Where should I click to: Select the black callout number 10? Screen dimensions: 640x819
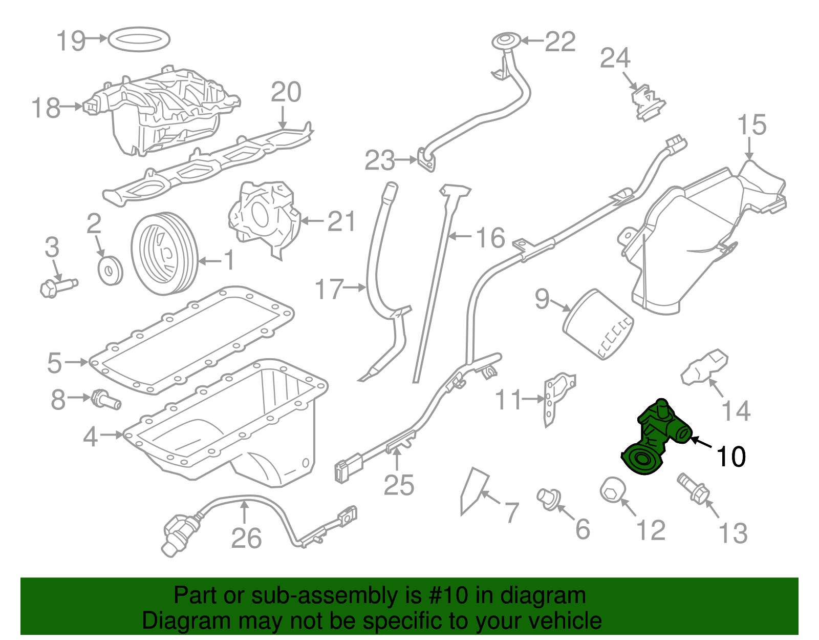pos(731,457)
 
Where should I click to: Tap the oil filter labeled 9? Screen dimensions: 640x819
pos(598,324)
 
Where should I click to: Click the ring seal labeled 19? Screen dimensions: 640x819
pos(139,39)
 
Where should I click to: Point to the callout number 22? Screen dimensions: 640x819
pos(560,42)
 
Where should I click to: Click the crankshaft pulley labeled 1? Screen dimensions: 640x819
pos(164,254)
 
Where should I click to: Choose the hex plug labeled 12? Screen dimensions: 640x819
pos(612,490)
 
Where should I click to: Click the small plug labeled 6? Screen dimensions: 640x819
pos(548,499)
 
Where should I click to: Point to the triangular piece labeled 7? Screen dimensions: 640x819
pos(473,489)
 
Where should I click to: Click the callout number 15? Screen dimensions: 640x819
pos(751,126)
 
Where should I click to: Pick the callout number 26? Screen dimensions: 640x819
pos(246,539)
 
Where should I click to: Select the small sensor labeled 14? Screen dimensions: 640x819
pos(704,366)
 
